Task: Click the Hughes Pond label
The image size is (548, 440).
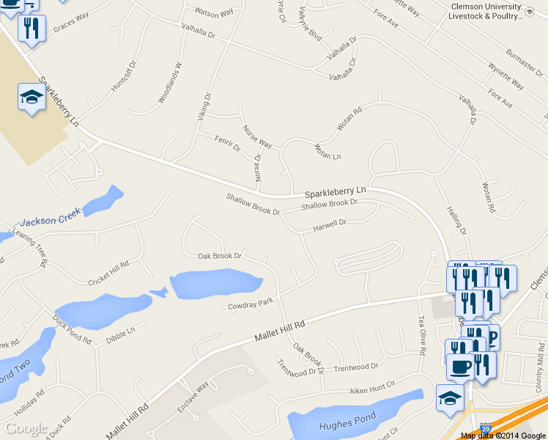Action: pyautogui.click(x=347, y=422)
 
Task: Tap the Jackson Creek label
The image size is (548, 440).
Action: pyautogui.click(x=50, y=217)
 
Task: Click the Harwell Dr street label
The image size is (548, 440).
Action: pyautogui.click(x=329, y=223)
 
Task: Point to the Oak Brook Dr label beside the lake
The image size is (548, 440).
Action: pyautogui.click(x=220, y=256)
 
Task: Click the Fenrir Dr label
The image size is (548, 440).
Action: pyautogui.click(x=227, y=143)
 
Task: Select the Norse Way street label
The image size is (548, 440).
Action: pyautogui.click(x=257, y=136)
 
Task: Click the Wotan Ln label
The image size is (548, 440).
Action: pyautogui.click(x=327, y=152)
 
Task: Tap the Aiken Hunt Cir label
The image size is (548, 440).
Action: pyautogui.click(x=371, y=386)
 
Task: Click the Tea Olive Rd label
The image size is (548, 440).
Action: pyautogui.click(x=421, y=336)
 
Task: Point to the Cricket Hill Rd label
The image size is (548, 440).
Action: pyautogui.click(x=108, y=272)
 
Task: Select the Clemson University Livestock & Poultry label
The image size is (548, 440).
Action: pyautogui.click(x=486, y=11)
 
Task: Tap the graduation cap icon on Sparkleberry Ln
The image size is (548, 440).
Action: pyautogui.click(x=32, y=98)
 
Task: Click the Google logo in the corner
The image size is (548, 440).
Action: pyautogui.click(x=26, y=428)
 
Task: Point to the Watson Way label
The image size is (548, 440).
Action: pyautogui.click(x=214, y=12)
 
